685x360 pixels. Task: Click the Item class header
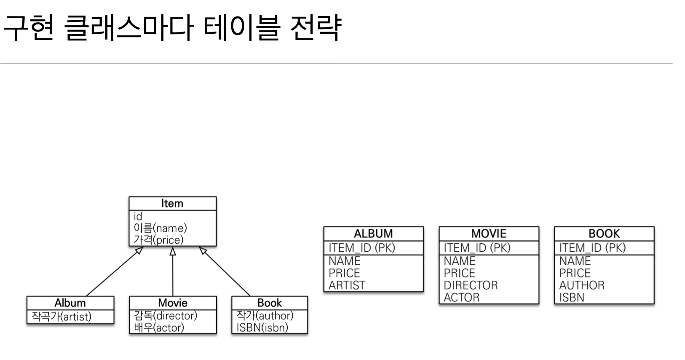point(172,204)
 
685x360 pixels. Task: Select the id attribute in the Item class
point(138,217)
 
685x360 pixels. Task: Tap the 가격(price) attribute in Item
point(158,240)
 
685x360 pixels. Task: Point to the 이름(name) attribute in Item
point(160,228)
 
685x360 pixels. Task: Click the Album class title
point(70,303)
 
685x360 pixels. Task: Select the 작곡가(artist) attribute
point(62,317)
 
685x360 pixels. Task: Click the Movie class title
point(173,303)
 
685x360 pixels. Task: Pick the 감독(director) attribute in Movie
point(166,315)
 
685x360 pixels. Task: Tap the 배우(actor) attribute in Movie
point(159,328)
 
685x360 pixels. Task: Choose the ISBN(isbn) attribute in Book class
point(262,328)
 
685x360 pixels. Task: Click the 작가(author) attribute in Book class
point(265,315)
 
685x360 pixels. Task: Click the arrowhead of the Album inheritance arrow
point(139,250)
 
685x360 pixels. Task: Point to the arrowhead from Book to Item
point(203,250)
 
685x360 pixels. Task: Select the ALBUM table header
point(373,234)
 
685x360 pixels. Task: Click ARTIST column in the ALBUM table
point(347,285)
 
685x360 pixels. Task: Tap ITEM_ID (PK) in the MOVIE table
point(477,248)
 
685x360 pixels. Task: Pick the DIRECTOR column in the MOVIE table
point(471,285)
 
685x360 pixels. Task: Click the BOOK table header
point(604,234)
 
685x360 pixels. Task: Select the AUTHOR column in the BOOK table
point(582,285)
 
